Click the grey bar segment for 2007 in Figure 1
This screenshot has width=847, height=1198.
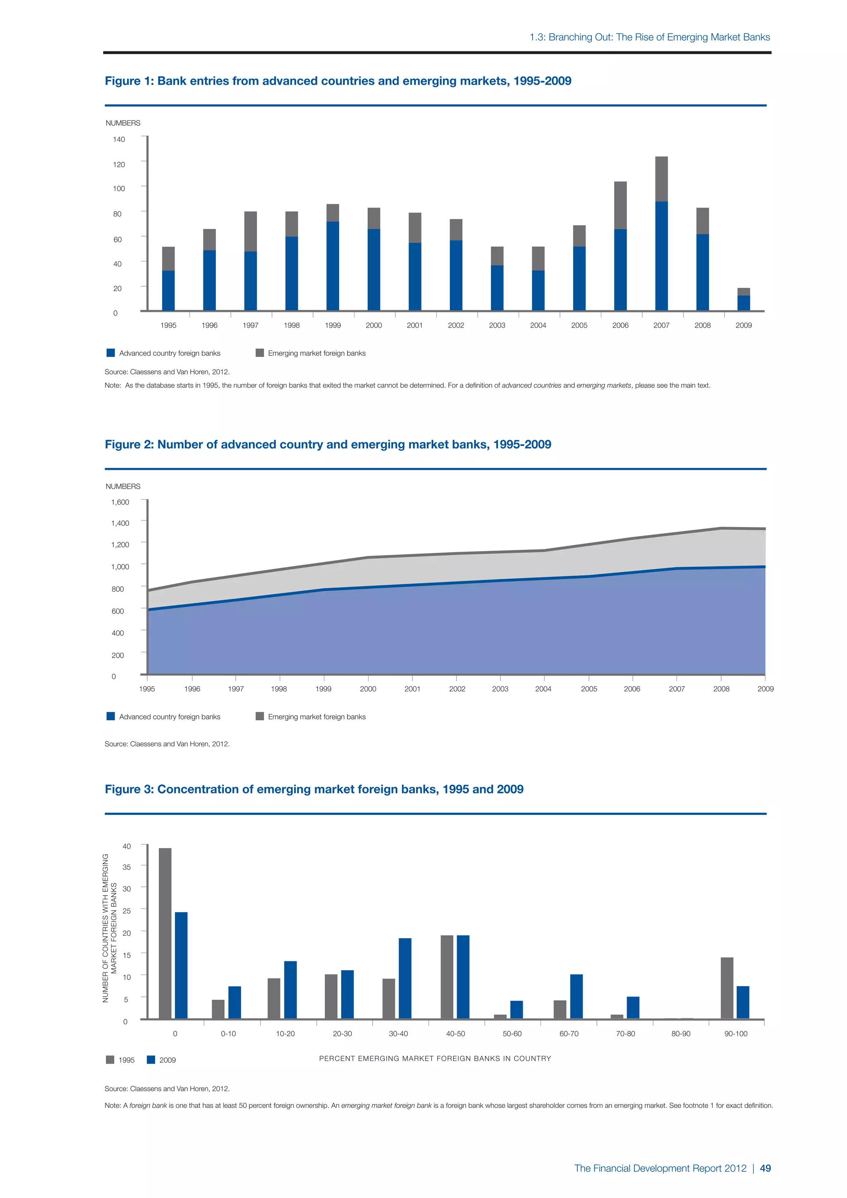click(x=661, y=179)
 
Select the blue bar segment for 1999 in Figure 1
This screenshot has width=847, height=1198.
click(x=333, y=266)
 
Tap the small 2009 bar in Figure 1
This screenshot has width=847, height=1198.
click(x=744, y=300)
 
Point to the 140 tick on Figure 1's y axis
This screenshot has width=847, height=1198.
click(x=119, y=139)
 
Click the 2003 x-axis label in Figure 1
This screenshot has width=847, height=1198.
click(x=497, y=325)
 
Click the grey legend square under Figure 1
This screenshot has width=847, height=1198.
click(x=260, y=353)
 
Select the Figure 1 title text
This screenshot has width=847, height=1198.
click(x=338, y=81)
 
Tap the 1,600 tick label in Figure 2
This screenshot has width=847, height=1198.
click(x=120, y=502)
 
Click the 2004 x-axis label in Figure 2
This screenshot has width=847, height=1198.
click(x=543, y=689)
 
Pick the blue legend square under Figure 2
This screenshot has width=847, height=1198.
click(x=110, y=716)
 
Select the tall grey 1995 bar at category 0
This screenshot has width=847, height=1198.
click(x=165, y=934)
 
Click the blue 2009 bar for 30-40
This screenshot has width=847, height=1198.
click(x=405, y=978)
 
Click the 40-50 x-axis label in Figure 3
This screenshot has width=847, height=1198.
click(x=455, y=1034)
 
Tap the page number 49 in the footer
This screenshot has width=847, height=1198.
click(x=765, y=1168)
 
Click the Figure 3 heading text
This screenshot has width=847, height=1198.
click(x=314, y=789)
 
